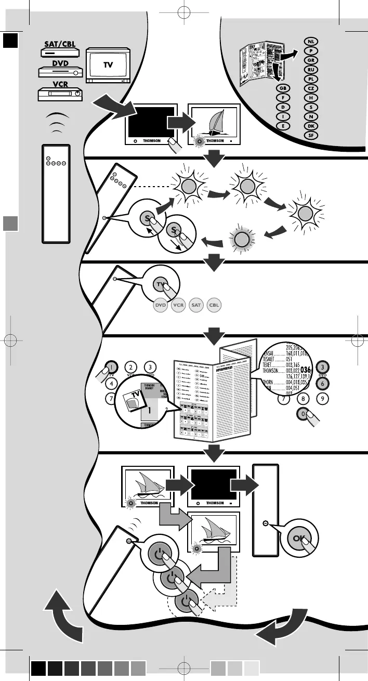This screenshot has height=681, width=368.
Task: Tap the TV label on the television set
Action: coord(108,64)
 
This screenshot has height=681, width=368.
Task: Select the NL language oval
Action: coord(310,41)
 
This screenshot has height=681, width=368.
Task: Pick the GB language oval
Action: coord(283,88)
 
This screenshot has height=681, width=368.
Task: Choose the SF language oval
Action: coord(310,135)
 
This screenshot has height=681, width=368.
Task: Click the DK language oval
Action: coord(310,126)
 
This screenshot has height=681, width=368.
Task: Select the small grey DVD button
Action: coord(161,305)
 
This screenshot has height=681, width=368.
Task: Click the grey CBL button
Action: coord(214,305)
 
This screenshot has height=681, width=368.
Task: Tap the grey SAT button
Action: coord(196,305)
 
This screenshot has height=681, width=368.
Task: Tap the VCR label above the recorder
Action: coord(61,84)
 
